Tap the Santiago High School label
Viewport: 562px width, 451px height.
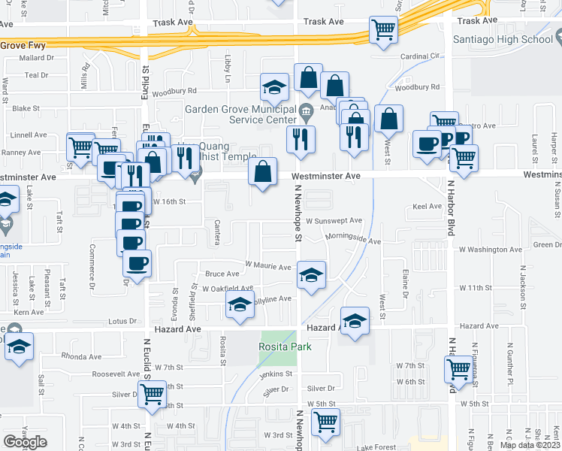tap(508, 39)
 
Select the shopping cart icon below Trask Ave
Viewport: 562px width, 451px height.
tap(383, 31)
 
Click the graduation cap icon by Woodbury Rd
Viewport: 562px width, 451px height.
tap(275, 88)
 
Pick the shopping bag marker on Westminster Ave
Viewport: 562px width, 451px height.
tap(263, 172)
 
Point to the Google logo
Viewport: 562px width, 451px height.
tap(25, 441)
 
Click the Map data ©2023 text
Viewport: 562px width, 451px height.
tap(530, 445)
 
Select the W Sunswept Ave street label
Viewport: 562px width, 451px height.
tap(334, 221)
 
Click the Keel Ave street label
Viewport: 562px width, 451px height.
tap(427, 206)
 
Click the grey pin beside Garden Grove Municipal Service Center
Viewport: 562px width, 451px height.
tap(306, 114)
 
